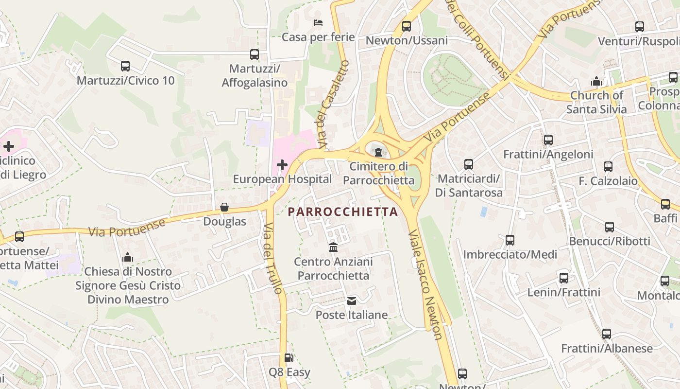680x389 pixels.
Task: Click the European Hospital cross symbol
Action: click(282, 165)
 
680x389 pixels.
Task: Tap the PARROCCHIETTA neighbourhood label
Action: click(343, 212)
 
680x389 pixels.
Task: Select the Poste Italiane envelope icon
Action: click(352, 301)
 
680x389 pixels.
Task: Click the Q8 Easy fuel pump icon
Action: click(289, 358)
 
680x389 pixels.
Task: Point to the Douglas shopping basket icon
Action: click(224, 208)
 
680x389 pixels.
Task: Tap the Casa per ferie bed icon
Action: click(318, 23)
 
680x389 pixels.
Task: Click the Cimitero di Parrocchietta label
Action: click(379, 174)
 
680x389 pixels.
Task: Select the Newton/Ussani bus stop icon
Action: click(407, 26)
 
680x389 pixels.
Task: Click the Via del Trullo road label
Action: click(272, 258)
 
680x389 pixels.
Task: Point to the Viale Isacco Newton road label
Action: click(425, 285)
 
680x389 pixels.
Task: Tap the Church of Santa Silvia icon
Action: click(596, 82)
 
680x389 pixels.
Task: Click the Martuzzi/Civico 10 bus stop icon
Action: click(125, 66)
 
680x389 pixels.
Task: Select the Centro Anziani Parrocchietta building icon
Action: click(333, 248)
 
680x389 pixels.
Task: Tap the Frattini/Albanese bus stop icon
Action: click(606, 334)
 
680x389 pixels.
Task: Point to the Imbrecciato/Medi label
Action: click(510, 254)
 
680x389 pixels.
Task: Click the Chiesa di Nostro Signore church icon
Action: click(128, 257)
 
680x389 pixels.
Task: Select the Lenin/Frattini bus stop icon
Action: click(563, 278)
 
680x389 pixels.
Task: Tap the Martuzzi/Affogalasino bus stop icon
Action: click(255, 54)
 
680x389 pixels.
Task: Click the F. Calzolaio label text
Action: click(608, 181)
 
